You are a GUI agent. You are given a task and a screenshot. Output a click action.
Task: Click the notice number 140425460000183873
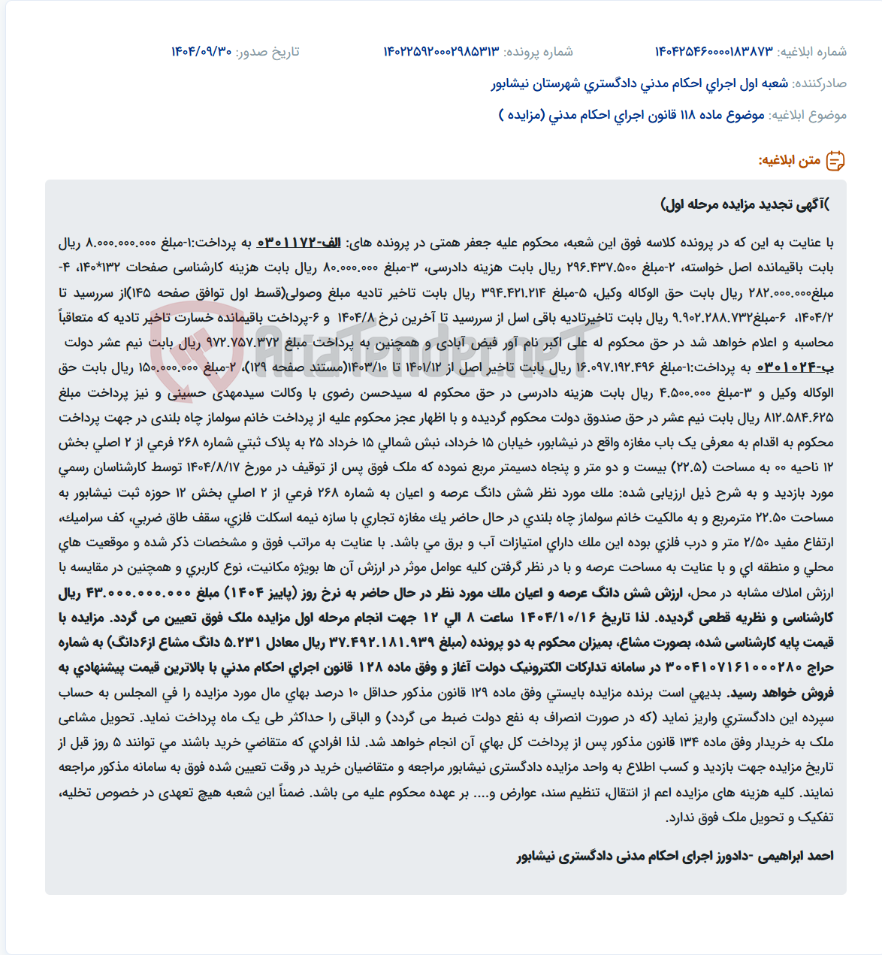(x=714, y=52)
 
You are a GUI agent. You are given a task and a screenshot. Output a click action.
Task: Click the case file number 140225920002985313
(x=441, y=52)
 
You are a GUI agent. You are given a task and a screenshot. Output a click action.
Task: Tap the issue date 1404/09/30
(x=201, y=52)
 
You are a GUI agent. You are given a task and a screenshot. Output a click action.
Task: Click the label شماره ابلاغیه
(x=812, y=52)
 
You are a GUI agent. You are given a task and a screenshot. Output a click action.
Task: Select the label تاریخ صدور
(x=267, y=52)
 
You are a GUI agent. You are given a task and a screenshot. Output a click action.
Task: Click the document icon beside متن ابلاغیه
(x=835, y=161)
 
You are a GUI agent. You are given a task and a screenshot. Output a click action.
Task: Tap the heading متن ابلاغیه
(x=790, y=161)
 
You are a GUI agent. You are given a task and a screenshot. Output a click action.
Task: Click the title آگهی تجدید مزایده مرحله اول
(x=745, y=204)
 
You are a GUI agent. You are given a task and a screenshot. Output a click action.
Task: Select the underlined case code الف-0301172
(x=299, y=243)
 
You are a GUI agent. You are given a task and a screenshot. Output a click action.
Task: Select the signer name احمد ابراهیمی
(x=795, y=856)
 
